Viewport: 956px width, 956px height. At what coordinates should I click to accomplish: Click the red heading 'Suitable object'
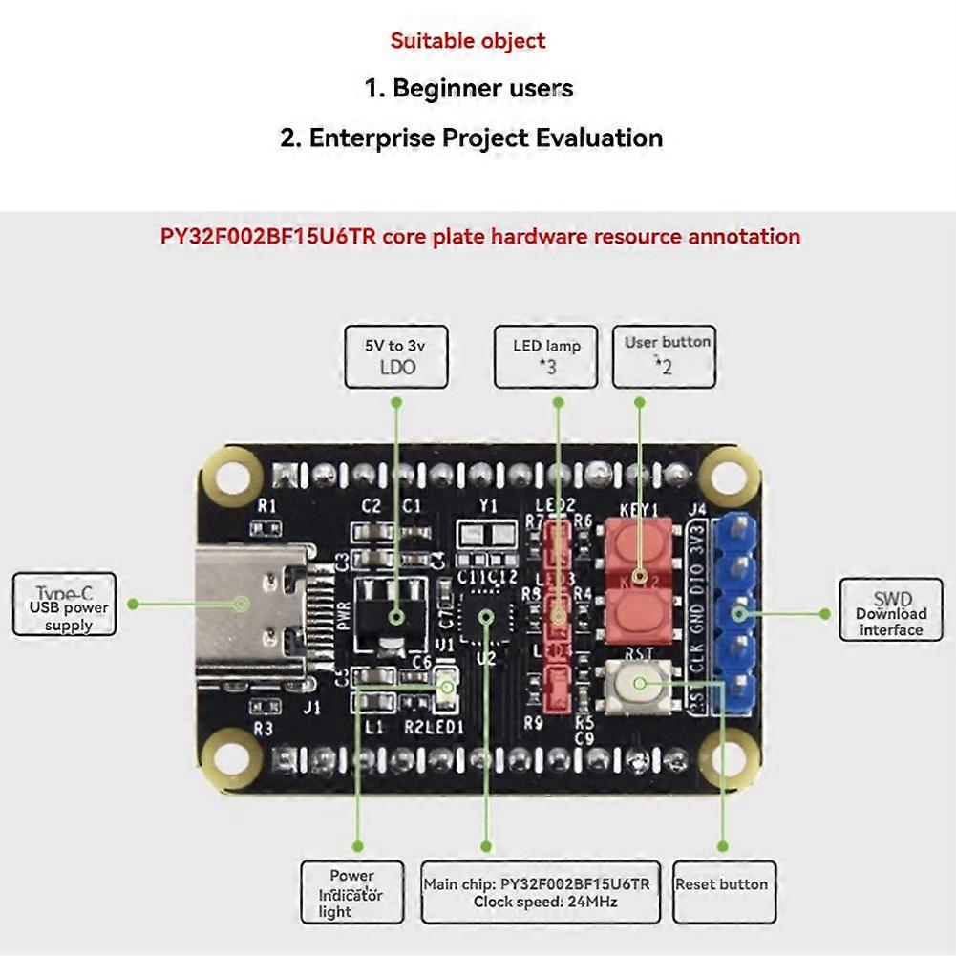click(x=468, y=41)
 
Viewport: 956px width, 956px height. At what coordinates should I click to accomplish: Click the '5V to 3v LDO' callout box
click(x=395, y=356)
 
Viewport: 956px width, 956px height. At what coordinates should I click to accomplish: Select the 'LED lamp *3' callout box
click(x=545, y=356)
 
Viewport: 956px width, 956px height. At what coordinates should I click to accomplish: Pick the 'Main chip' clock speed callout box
click(x=540, y=892)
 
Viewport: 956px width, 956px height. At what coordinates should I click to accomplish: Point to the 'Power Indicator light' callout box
click(x=351, y=892)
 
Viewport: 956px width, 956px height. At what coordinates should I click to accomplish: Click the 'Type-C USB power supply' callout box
click(x=65, y=605)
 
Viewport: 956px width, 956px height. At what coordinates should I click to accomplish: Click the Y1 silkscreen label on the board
click(x=488, y=505)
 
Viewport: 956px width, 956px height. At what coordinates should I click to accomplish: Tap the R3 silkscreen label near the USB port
click(x=264, y=729)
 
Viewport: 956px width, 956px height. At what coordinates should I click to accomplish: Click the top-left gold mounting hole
click(x=229, y=474)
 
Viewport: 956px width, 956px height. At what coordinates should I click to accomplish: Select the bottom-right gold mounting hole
click(x=729, y=760)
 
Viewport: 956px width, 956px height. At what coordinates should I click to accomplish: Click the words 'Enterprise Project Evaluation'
click(x=485, y=138)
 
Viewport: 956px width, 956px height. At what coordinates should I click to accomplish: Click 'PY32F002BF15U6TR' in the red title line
click(x=268, y=237)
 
